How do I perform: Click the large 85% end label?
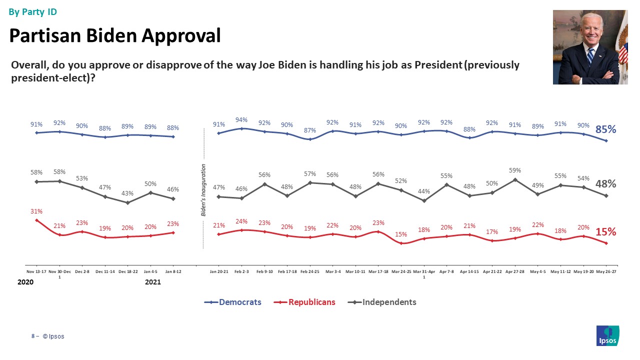[x=605, y=129]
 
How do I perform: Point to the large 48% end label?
[x=605, y=184]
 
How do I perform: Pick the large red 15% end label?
[x=605, y=232]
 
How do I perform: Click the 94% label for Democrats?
[x=241, y=119]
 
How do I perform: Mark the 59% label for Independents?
[x=515, y=169]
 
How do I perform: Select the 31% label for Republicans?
[x=36, y=211]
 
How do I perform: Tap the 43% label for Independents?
[x=128, y=193]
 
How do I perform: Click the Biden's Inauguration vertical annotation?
[x=204, y=189]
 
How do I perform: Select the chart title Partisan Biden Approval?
[x=115, y=35]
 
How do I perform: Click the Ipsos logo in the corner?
[x=608, y=335]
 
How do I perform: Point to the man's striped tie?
[x=590, y=55]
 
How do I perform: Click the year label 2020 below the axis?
[x=25, y=282]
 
